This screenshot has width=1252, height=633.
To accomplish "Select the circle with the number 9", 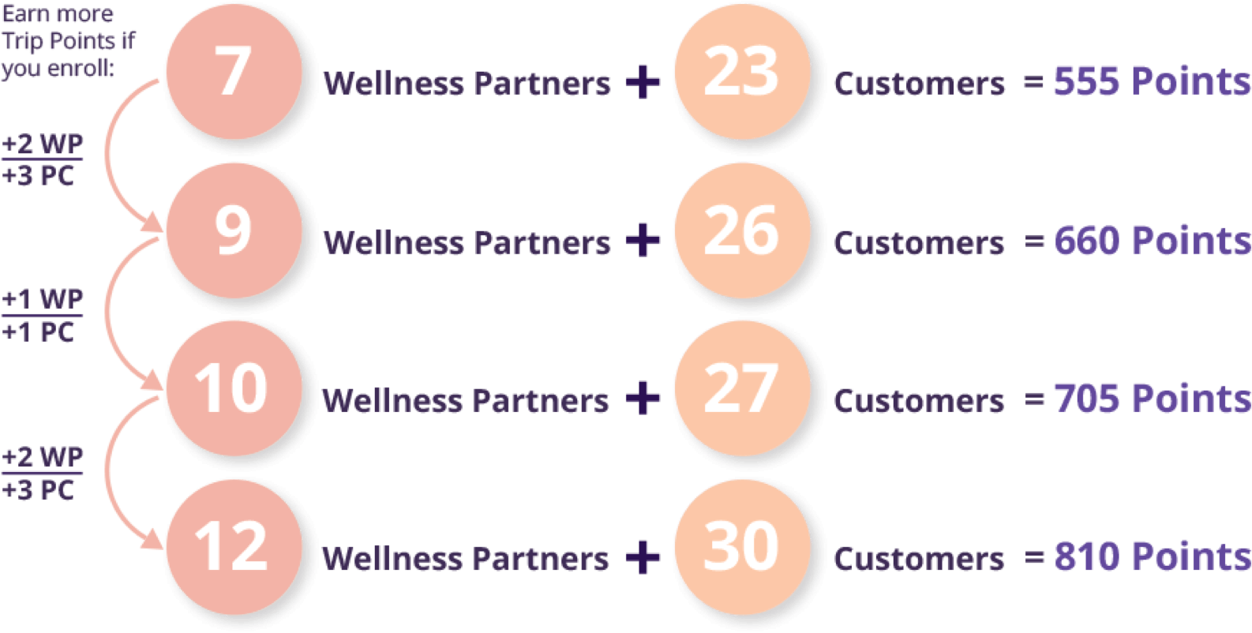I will (x=233, y=230).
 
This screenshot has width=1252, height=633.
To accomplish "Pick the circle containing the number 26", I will (x=741, y=230).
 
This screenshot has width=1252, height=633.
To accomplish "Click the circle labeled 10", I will (x=233, y=388).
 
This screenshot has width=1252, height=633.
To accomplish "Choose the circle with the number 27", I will (x=741, y=388).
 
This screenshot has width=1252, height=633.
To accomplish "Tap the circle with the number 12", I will (x=233, y=545).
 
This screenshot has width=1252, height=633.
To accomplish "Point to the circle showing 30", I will (x=741, y=545).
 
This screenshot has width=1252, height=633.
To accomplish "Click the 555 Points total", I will (x=1151, y=81).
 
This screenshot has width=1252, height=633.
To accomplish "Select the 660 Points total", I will (x=1151, y=241).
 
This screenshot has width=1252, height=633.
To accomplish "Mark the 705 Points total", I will (x=1151, y=399).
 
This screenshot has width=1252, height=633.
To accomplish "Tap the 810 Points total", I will (x=1151, y=556).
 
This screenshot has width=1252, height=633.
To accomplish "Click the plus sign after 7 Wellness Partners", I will (x=643, y=82).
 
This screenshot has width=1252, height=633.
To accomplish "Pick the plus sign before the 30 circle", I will (x=643, y=557).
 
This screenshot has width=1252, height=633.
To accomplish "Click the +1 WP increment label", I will (x=43, y=300).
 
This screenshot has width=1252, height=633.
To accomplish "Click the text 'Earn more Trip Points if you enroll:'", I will (x=67, y=41).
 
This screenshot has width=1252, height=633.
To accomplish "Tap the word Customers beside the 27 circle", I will (x=919, y=401).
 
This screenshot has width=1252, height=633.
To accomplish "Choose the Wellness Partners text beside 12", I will (x=466, y=559).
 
